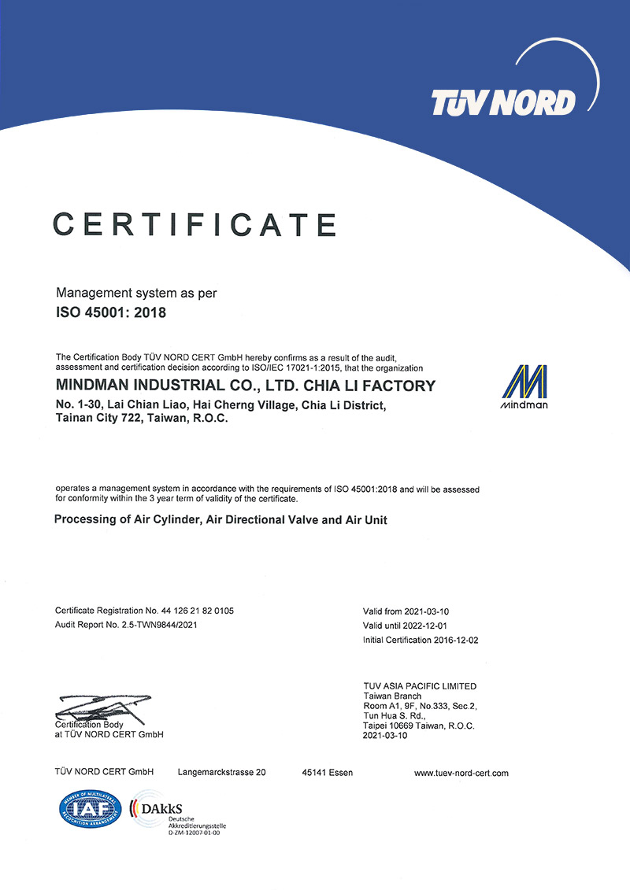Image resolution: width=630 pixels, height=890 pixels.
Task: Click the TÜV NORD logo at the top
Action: pos(503,102)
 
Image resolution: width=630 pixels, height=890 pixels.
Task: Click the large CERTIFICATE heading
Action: pos(195,224)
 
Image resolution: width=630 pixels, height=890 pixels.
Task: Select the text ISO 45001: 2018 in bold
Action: pos(111,312)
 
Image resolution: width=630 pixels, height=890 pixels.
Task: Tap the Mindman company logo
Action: pos(524,388)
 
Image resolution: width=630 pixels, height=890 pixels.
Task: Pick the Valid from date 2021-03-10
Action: pos(427,611)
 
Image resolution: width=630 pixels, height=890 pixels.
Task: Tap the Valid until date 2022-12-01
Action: pos(427,626)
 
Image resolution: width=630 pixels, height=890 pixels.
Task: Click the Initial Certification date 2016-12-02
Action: pos(456,640)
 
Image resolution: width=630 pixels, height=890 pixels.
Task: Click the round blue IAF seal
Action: pos(89,807)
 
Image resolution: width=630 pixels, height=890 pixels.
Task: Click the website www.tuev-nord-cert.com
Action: pos(461,773)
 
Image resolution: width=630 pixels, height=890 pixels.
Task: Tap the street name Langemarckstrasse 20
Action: pos(222,773)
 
